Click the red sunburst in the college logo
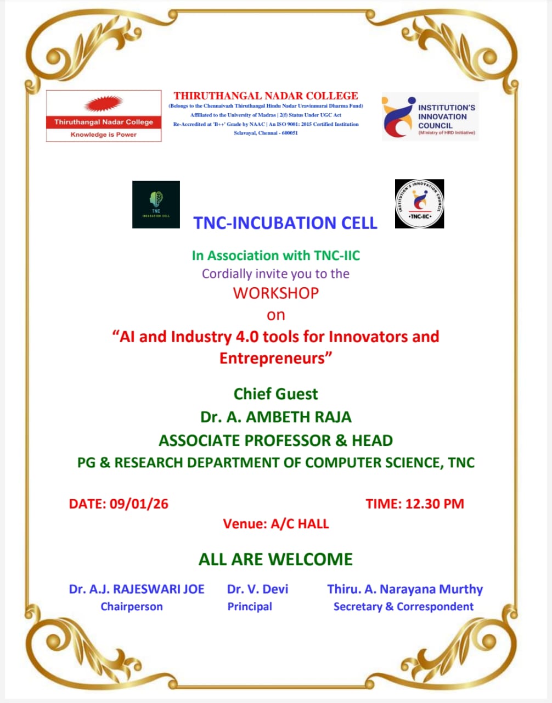[103, 104]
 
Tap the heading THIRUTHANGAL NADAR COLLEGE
[266, 96]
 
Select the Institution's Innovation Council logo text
[446, 116]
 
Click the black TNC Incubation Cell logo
[156, 204]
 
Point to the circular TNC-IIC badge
[419, 204]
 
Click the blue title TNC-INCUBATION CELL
[285, 223]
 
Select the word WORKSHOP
[275, 293]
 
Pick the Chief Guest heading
[275, 394]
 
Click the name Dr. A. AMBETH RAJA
[275, 417]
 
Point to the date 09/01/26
[139, 504]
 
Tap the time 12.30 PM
[435, 504]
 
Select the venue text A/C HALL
[300, 524]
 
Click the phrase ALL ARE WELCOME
[275, 559]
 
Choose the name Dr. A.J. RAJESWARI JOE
[137, 589]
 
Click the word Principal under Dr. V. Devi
[250, 606]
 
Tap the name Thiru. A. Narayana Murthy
[405, 589]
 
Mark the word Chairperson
[132, 606]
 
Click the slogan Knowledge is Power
[103, 135]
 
